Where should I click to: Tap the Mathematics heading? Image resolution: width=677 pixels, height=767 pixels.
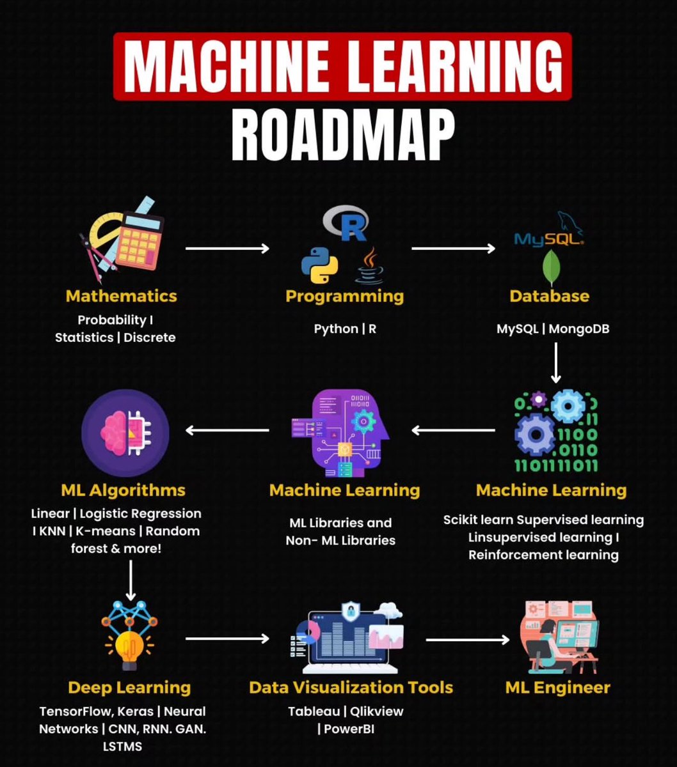tap(121, 296)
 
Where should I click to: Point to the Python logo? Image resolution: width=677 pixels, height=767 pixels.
tap(319, 265)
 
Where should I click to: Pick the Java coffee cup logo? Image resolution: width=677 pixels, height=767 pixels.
tap(369, 267)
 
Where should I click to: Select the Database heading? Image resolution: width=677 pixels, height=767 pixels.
tap(549, 296)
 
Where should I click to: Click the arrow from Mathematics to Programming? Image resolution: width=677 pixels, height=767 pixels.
tap(227, 248)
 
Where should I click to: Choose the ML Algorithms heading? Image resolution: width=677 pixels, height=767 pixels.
tap(123, 490)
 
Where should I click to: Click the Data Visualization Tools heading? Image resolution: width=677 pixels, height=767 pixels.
tap(351, 688)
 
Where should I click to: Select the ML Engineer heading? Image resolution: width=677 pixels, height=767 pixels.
tap(557, 688)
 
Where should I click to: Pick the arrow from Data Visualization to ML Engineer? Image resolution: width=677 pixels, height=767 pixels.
tap(467, 639)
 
